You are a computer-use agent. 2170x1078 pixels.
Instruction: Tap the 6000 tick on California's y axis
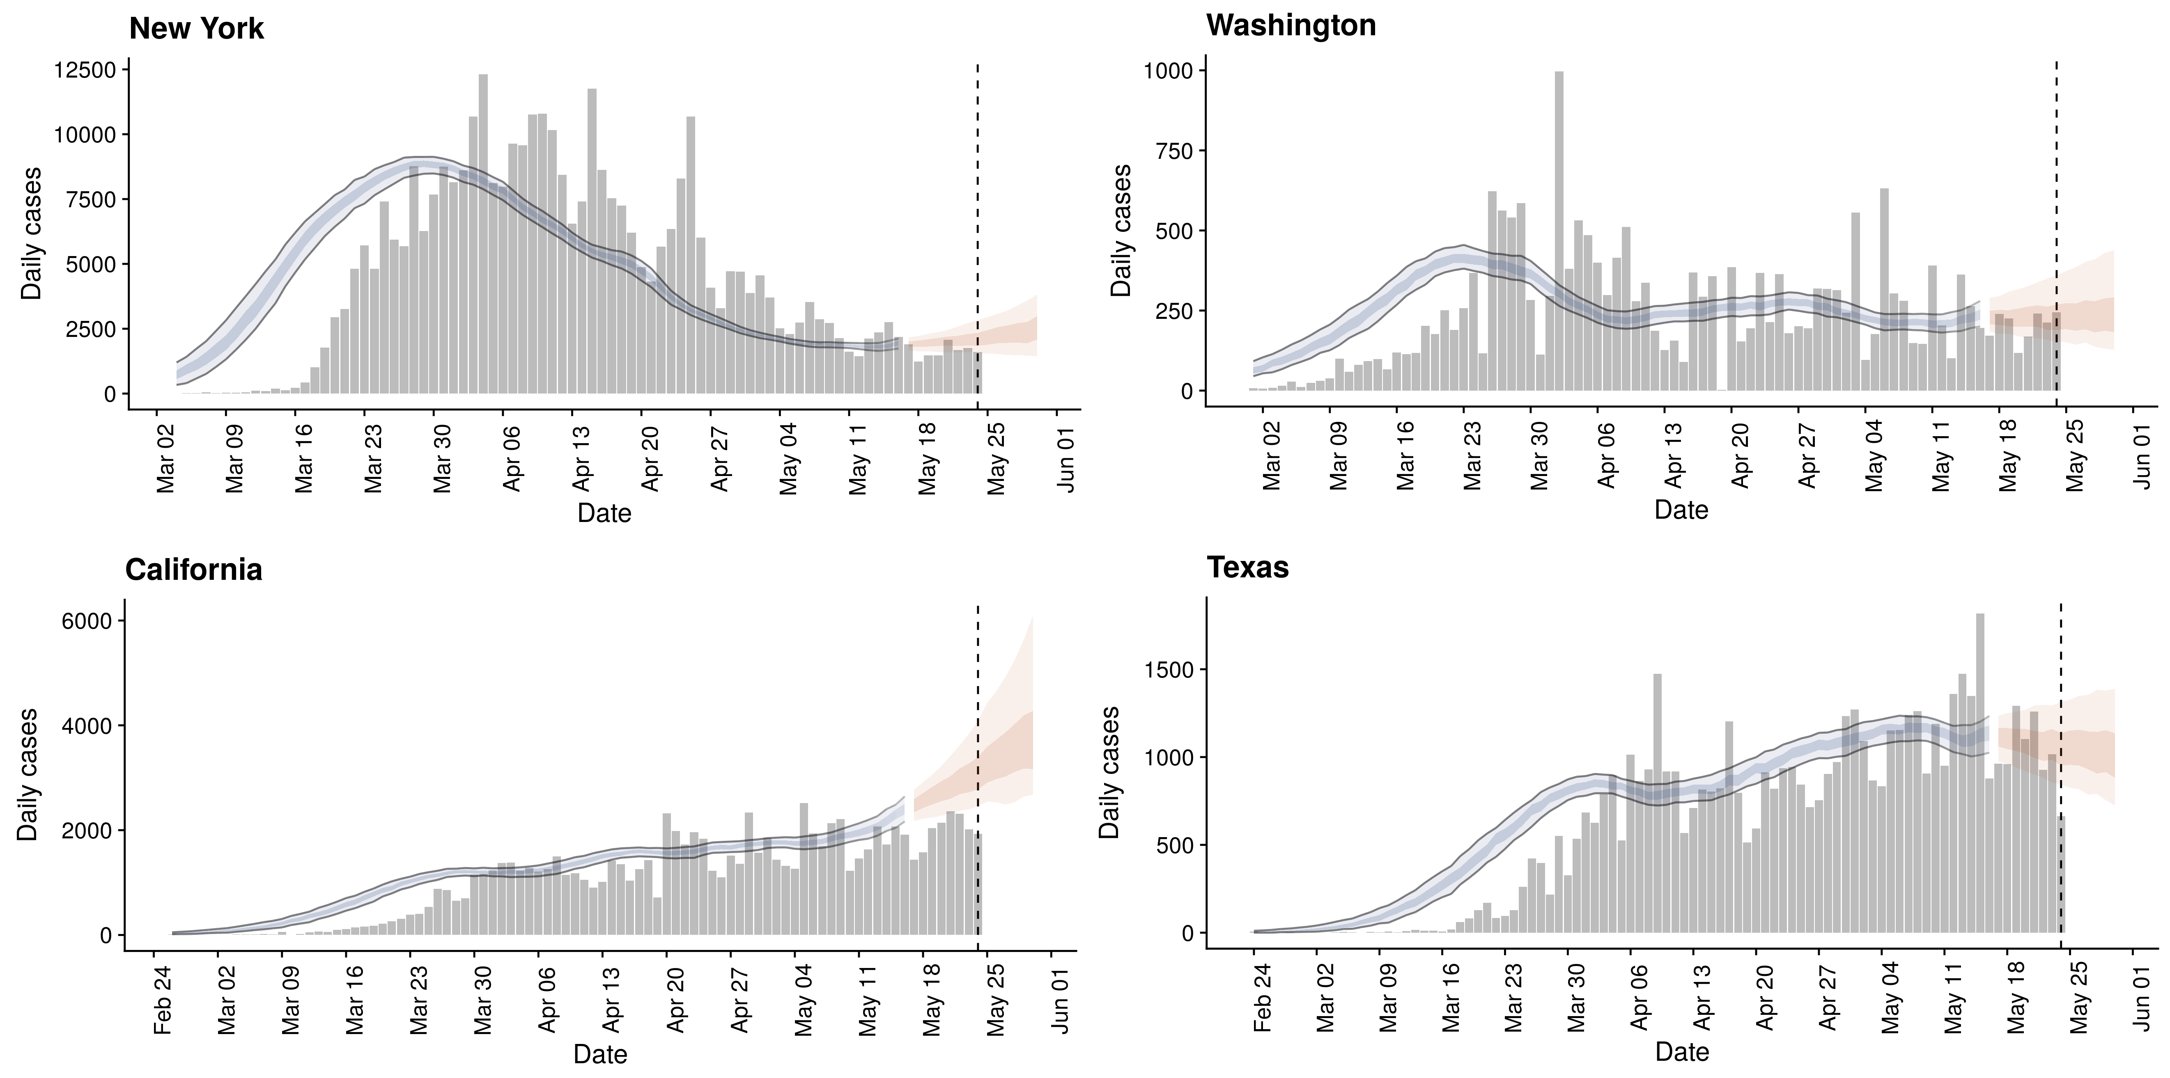(87, 622)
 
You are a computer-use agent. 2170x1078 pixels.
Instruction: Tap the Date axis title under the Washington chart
(1681, 510)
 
